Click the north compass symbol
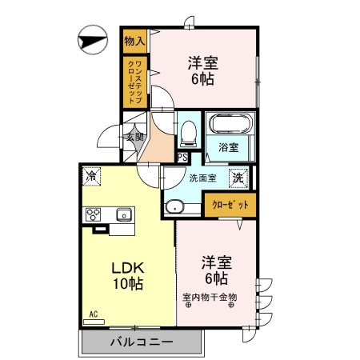pyautogui.click(x=93, y=40)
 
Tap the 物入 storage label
pyautogui.click(x=134, y=41)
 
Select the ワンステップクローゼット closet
pyautogui.click(x=135, y=82)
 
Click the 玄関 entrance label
pyautogui.click(x=134, y=137)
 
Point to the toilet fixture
pyautogui.click(x=189, y=134)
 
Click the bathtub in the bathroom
pyautogui.click(x=230, y=123)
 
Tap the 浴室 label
pyautogui.click(x=229, y=147)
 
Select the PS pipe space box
pyautogui.click(x=182, y=158)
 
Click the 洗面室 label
pyautogui.click(x=202, y=178)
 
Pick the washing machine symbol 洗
pyautogui.click(x=238, y=178)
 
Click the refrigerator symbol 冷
pyautogui.click(x=91, y=176)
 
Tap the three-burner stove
pyautogui.click(x=93, y=214)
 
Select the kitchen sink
pyautogui.click(x=124, y=214)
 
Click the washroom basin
pyautogui.click(x=174, y=207)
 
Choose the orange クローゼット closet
pyautogui.click(x=230, y=205)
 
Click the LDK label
pyautogui.click(x=128, y=268)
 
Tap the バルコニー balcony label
pyautogui.click(x=142, y=342)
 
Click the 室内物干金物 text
pyautogui.click(x=210, y=297)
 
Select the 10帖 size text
pyautogui.click(x=128, y=283)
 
